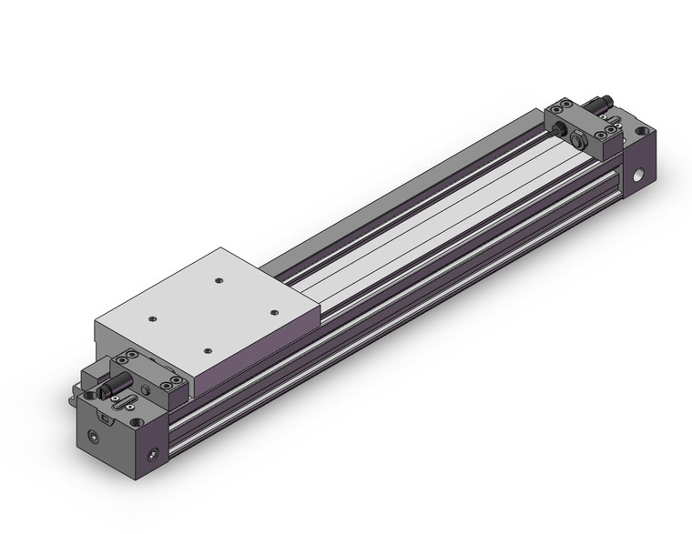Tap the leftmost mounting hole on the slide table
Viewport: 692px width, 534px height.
[x=153, y=319]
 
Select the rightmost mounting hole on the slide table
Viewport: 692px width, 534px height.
[x=274, y=311]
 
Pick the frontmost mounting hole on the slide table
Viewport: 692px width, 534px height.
[x=208, y=350]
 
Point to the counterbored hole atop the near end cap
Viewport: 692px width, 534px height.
[x=136, y=422]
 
